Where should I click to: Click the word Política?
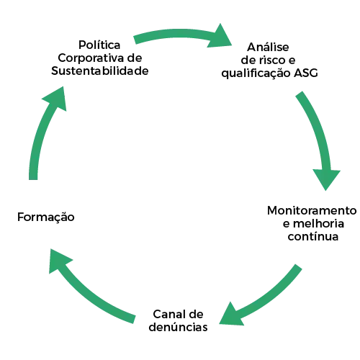pyautogui.click(x=99, y=45)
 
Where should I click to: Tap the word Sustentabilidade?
pyautogui.click(x=100, y=71)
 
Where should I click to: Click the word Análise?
pyautogui.click(x=268, y=47)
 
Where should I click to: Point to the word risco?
pyautogui.click(x=271, y=60)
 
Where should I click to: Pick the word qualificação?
pyautogui.click(x=256, y=73)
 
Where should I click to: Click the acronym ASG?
pyautogui.click(x=306, y=73)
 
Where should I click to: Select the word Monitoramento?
pyautogui.click(x=312, y=210)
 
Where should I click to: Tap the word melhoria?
pyautogui.click(x=318, y=223)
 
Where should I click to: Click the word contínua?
pyautogui.click(x=313, y=236)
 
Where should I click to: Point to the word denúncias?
pyautogui.click(x=178, y=327)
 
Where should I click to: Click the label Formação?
pyautogui.click(x=46, y=217)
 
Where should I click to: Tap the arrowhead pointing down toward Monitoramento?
pyautogui.click(x=326, y=179)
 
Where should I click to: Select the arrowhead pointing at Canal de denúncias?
pyautogui.click(x=230, y=315)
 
